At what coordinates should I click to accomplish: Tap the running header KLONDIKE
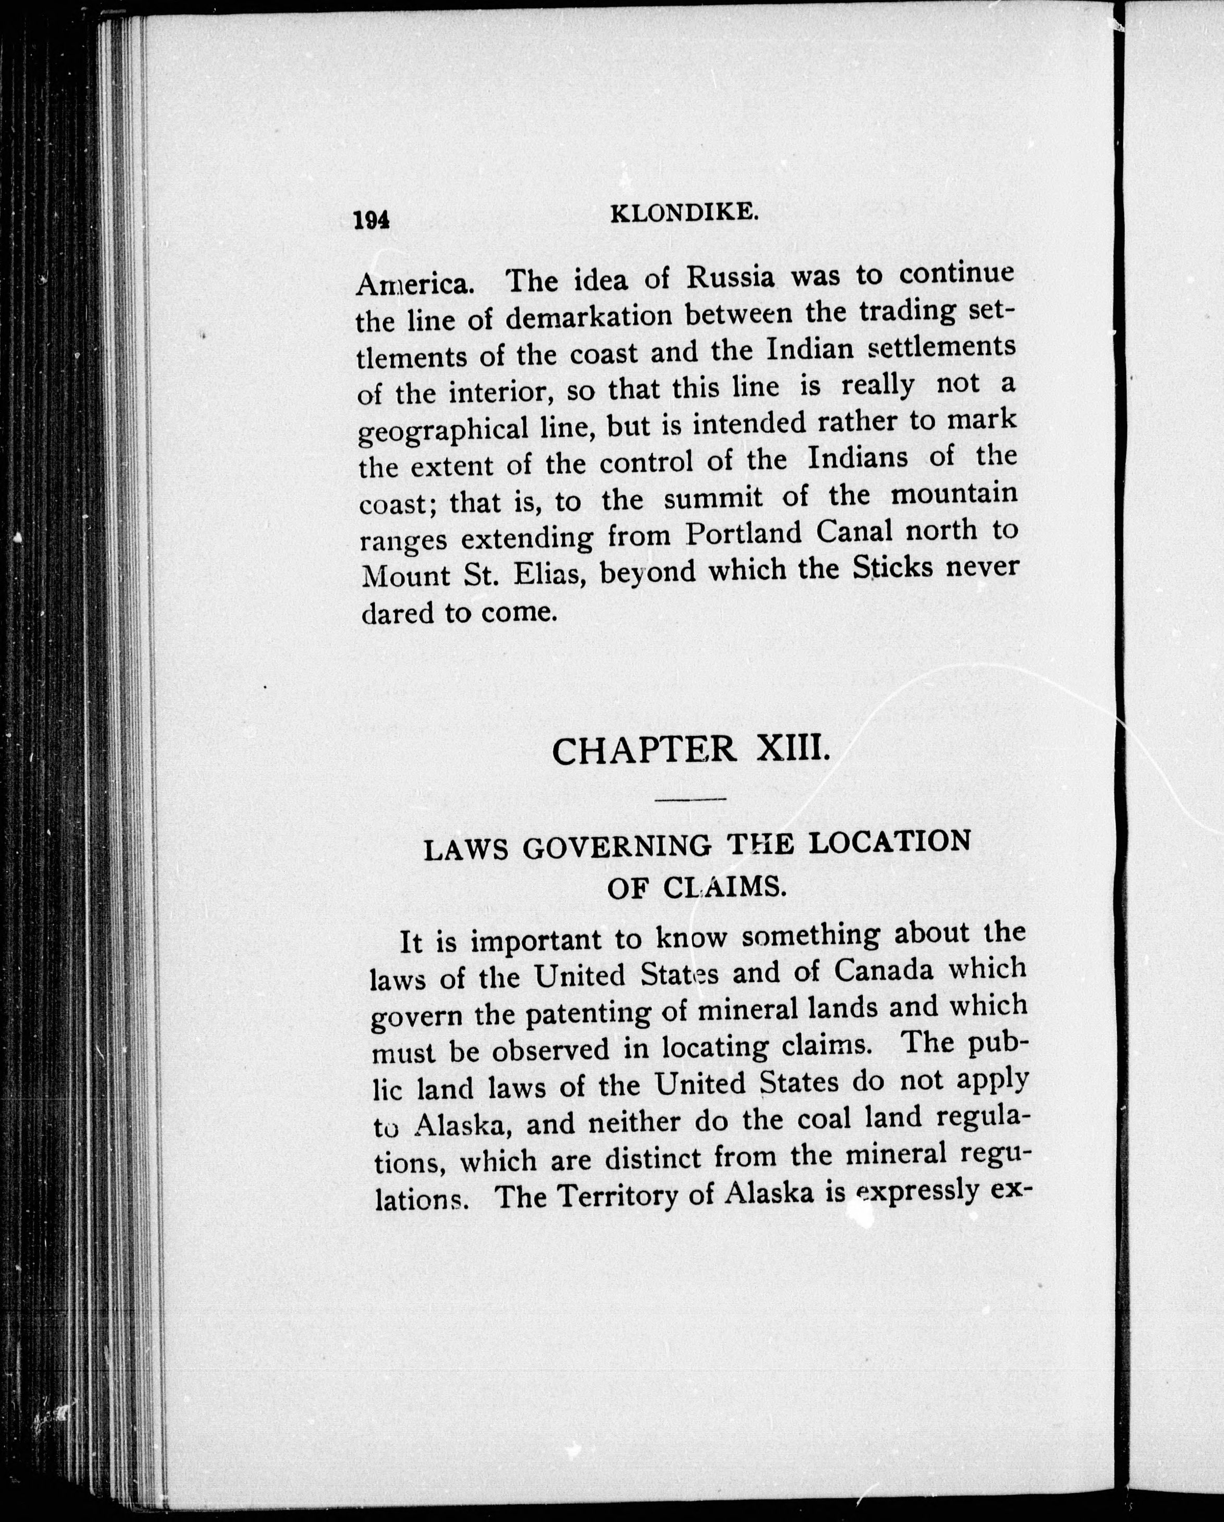click(684, 213)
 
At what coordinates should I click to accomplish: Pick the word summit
click(713, 499)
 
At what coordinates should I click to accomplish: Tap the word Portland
click(744, 534)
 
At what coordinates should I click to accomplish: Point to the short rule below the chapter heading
click(691, 799)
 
